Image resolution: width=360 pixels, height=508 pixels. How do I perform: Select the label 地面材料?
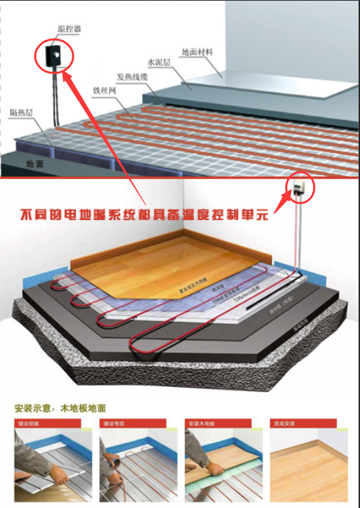coord(197,51)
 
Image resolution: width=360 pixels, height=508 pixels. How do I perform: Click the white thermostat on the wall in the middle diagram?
coord(300,185)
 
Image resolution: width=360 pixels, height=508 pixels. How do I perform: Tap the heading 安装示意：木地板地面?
coord(60,408)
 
